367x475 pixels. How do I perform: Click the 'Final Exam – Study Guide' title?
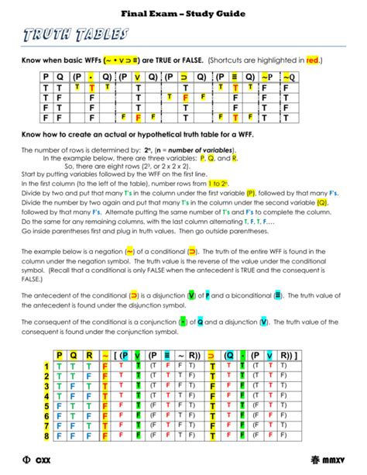coord(183,13)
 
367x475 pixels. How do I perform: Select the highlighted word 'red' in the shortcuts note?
coord(312,60)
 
